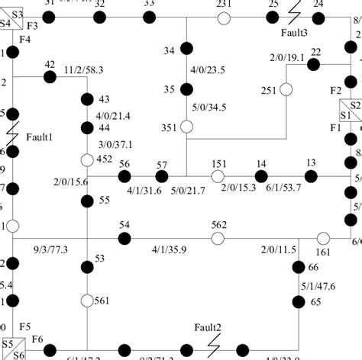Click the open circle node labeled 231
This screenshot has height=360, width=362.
(x=224, y=17)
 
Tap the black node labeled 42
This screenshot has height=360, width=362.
(x=50, y=76)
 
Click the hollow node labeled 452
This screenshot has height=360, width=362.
(x=87, y=160)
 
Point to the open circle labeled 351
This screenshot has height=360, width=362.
(x=186, y=127)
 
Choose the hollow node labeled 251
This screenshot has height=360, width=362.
(x=286, y=90)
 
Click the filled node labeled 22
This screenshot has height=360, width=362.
(x=313, y=64)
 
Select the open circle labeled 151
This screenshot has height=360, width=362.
(x=218, y=176)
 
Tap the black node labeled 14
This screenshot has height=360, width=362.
(x=261, y=176)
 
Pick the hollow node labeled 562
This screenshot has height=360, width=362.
(x=218, y=239)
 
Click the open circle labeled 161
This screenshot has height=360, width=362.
(x=323, y=238)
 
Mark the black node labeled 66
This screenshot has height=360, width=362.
(x=299, y=267)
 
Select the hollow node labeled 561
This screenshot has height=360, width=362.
(x=87, y=301)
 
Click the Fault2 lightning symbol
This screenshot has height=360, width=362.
(x=216, y=336)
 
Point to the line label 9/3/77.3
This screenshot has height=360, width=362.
(x=51, y=249)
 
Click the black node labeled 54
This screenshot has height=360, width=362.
(x=124, y=238)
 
